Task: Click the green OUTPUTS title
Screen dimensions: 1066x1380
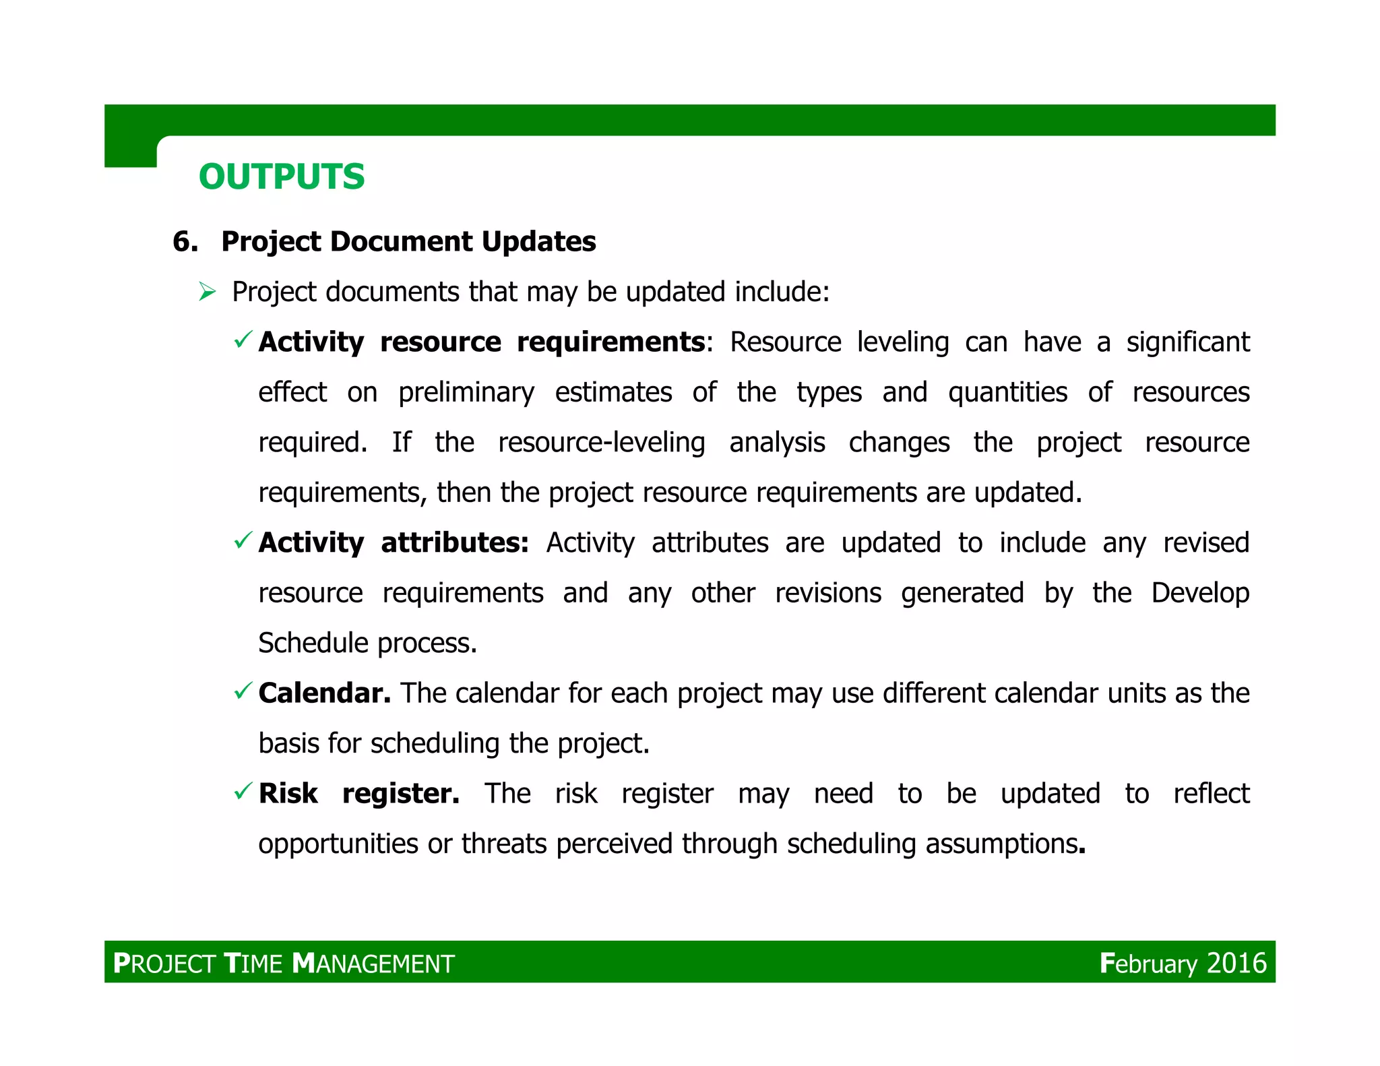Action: (x=282, y=177)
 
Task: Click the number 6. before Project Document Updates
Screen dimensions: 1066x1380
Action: (x=185, y=242)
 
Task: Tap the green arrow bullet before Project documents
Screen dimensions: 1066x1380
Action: (x=208, y=292)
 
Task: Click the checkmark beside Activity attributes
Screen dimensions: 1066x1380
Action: (x=243, y=540)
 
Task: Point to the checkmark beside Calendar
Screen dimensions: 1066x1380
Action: (x=243, y=691)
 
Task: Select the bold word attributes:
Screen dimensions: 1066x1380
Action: (x=455, y=543)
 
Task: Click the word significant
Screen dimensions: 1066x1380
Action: (x=1188, y=342)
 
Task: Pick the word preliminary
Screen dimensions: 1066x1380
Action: (x=466, y=393)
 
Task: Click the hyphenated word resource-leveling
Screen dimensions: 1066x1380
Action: (x=601, y=443)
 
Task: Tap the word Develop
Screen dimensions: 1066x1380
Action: (x=1200, y=593)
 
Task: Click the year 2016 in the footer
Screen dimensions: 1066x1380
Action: (x=1236, y=964)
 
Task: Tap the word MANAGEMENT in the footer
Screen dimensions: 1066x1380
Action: (x=374, y=964)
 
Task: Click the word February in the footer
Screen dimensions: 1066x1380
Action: (x=1148, y=964)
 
